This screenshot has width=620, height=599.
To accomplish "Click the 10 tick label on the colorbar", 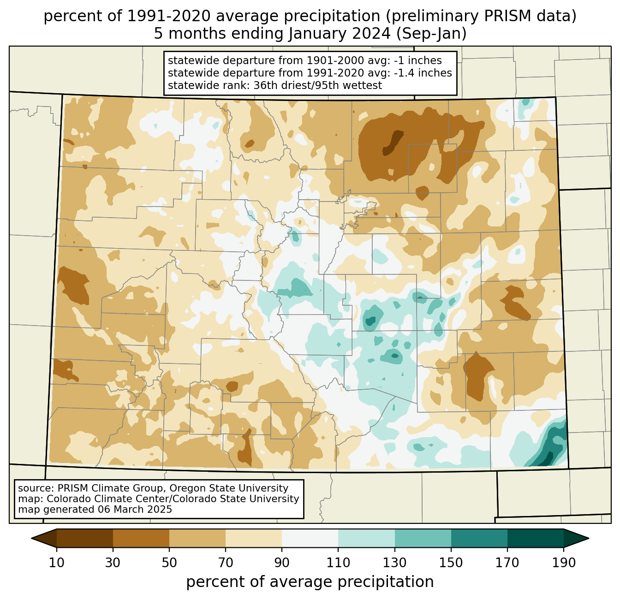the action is (x=56, y=563).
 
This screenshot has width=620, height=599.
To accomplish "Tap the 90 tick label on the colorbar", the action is (x=282, y=563).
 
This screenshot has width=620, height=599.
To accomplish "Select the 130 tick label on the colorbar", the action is (x=394, y=563).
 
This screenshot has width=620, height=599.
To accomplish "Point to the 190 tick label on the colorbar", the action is (x=563, y=563).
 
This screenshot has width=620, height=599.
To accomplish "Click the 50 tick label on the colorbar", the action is (x=169, y=563).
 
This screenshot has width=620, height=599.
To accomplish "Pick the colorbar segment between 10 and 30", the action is (x=85, y=538).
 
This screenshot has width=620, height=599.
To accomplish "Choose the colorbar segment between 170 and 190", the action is (x=535, y=538).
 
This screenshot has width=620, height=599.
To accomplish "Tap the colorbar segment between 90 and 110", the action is (x=310, y=538).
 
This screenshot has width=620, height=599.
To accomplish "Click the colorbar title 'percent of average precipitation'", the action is (x=310, y=582).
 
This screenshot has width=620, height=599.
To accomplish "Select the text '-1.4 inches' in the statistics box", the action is (x=423, y=73).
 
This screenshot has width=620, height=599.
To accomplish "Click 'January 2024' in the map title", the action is (x=340, y=34).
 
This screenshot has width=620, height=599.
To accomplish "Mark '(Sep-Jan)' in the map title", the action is (x=431, y=34).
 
